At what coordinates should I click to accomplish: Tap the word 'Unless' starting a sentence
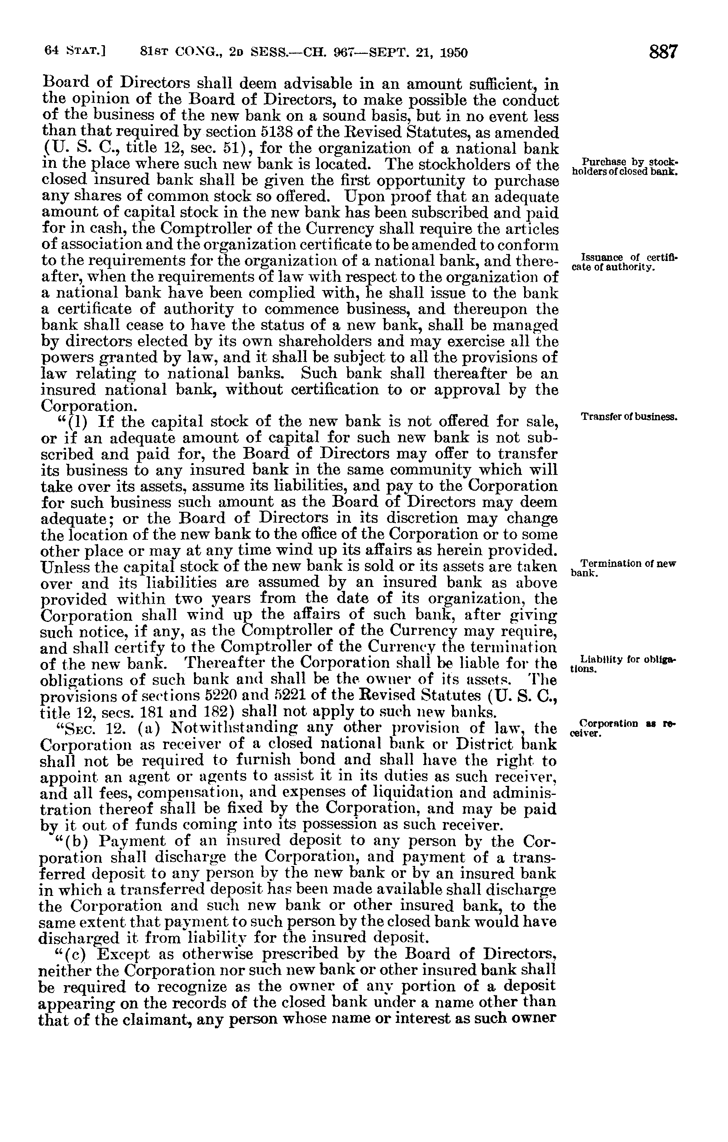[66, 567]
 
